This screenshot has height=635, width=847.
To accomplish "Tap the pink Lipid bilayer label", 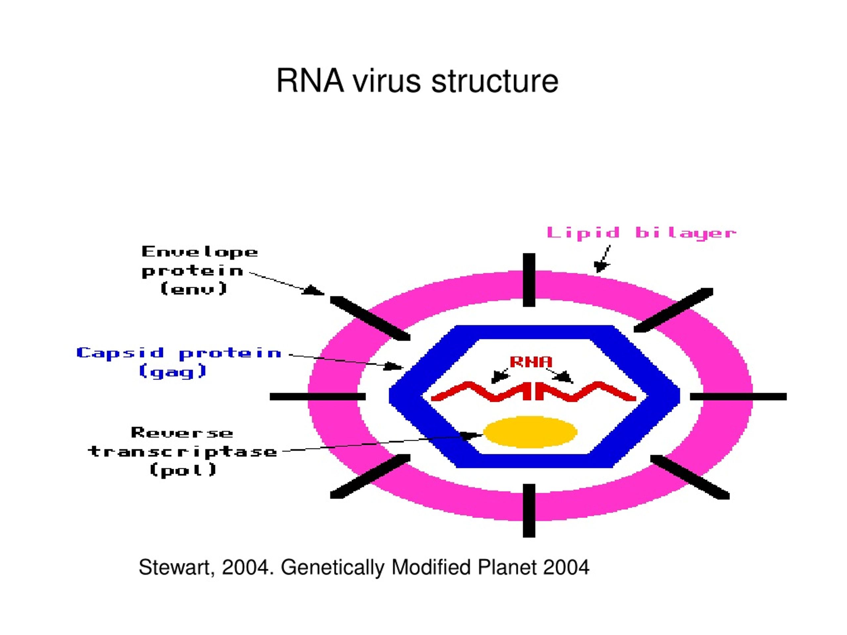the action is [642, 233].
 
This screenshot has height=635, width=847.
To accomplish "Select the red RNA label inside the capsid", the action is [531, 362].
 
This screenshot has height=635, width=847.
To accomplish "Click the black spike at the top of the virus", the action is [529, 280].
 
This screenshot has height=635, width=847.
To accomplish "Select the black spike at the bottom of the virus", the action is [529, 511].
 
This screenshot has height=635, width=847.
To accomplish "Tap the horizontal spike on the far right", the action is [738, 397].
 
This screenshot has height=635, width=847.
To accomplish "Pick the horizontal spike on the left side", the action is [318, 397].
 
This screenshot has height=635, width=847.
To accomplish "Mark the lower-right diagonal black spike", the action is [690, 477].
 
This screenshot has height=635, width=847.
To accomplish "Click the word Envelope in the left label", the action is [200, 252].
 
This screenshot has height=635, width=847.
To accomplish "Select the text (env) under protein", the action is [194, 289].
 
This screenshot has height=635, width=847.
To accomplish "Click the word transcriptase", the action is [183, 452].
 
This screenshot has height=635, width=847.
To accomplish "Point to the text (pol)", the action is [183, 470].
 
